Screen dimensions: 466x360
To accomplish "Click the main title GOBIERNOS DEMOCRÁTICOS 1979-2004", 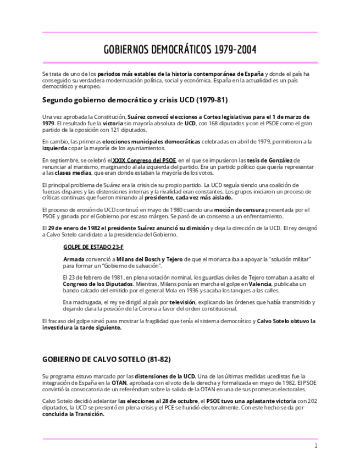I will (x=180, y=51).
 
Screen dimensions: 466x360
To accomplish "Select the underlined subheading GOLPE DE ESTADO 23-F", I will (x=93, y=247).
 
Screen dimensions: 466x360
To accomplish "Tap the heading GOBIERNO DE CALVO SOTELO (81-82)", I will (x=106, y=359).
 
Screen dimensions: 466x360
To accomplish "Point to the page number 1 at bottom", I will (x=316, y=446).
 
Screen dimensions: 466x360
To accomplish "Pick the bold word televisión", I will (x=186, y=302).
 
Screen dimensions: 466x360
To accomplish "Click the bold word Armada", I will (x=74, y=259).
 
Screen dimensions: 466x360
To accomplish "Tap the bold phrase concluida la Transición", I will (x=73, y=415).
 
